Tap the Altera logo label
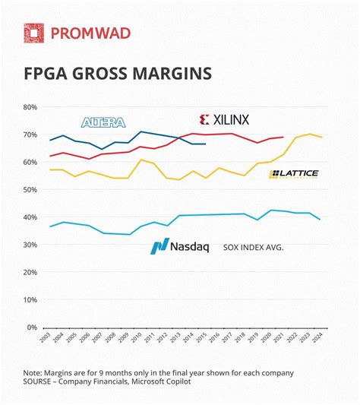coord(103,122)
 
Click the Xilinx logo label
coord(224,119)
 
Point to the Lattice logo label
coord(294,174)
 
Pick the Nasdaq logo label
coord(177,246)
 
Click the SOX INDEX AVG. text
coord(253,247)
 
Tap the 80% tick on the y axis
coord(29,107)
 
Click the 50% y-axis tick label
coord(29,190)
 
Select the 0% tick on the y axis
coord(31,327)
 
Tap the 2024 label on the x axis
coord(322,340)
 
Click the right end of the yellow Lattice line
coord(322,137)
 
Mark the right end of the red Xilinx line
coord(283,138)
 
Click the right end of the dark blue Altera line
coord(205,144)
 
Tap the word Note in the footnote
coord(34,372)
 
